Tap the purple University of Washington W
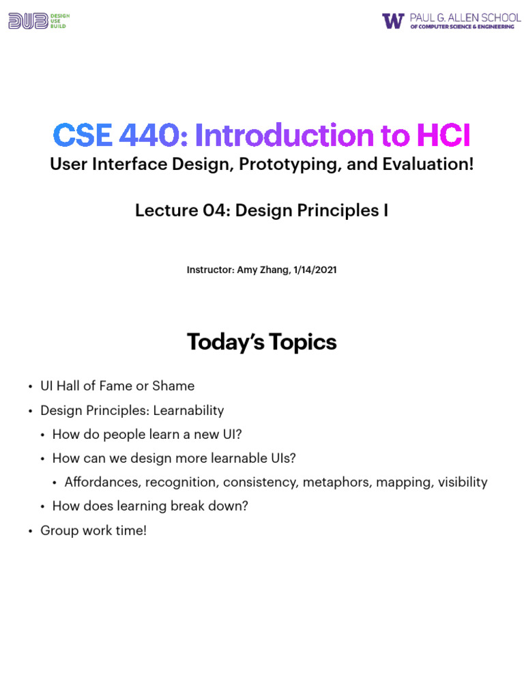click(393, 21)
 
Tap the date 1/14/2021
click(315, 270)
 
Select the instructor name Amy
click(247, 270)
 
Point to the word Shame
click(173, 386)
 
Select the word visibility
click(463, 482)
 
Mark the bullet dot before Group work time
click(31, 531)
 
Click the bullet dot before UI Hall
click(31, 387)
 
